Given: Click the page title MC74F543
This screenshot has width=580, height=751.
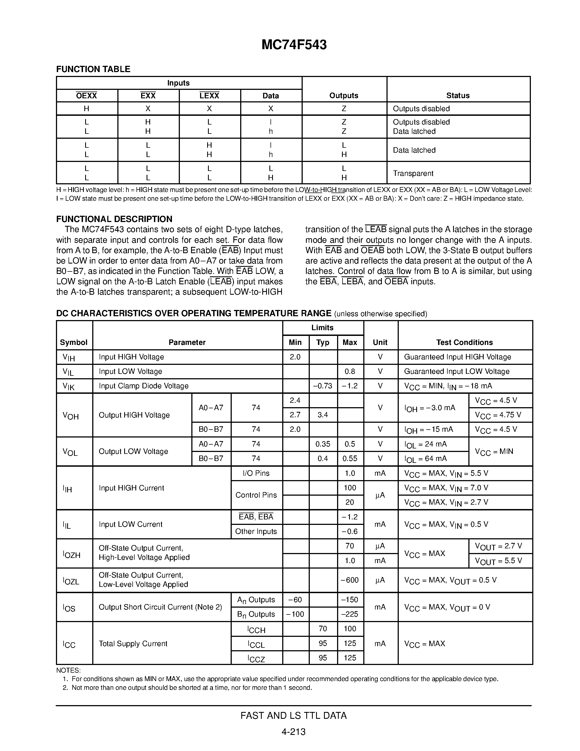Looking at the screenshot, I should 294,45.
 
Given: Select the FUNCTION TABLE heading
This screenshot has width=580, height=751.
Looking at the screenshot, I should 93,69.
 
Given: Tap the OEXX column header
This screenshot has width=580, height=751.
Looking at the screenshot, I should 87,96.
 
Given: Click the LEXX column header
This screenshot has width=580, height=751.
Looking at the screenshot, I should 209,96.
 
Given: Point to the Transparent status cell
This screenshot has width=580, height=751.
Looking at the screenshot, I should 413,173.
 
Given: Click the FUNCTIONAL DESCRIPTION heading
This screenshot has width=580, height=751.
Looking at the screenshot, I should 114,219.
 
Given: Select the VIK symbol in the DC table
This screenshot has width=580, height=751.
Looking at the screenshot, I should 69,386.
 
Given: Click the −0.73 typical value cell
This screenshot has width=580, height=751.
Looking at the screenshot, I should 323,386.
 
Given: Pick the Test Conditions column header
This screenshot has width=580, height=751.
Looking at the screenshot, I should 464,342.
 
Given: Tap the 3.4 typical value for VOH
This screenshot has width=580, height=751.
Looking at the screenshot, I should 323,415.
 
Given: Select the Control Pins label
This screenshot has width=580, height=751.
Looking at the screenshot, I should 256,495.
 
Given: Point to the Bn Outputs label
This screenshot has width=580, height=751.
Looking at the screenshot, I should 256,614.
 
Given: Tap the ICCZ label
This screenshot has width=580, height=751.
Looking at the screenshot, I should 256,658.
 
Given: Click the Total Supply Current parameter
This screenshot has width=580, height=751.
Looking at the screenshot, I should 133,643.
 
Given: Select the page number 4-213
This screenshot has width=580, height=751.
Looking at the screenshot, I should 293,732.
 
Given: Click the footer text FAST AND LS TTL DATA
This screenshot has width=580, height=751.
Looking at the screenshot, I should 293,715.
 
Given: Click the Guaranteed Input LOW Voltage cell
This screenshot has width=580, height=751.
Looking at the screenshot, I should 457,371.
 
